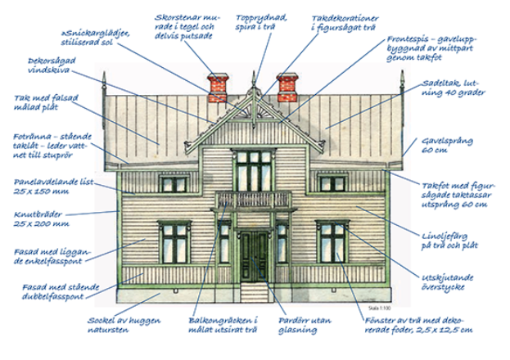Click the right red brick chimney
pos(289,88)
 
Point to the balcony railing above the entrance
pos(253,200)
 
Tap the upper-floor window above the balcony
pos(253,167)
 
